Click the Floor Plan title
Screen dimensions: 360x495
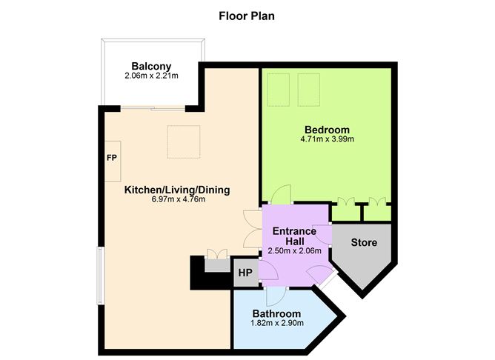click(247, 15)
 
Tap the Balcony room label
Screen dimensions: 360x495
click(152, 66)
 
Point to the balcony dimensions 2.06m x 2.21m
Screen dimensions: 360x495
click(152, 76)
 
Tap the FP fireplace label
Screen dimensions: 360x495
click(112, 159)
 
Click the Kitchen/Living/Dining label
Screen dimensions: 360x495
click(177, 190)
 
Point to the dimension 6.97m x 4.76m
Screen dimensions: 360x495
click(177, 199)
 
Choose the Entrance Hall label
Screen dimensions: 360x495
click(294, 237)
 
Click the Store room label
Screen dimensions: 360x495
click(364, 242)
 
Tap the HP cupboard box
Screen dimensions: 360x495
click(245, 273)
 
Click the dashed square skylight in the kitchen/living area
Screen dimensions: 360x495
click(183, 141)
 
